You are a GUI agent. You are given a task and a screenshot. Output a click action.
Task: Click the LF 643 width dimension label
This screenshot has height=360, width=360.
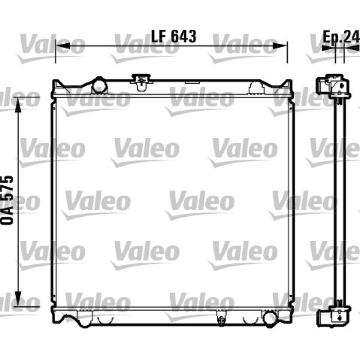(x=174, y=36)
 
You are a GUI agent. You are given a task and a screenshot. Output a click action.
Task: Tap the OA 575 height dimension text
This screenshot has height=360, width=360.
(x=7, y=200)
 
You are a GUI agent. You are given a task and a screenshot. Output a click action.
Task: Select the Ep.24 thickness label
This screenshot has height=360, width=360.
(x=341, y=37)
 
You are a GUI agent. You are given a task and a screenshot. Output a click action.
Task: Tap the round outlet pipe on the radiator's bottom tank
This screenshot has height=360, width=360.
(x=269, y=318)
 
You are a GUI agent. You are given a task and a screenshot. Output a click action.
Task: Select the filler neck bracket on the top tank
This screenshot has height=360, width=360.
(x=141, y=81)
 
